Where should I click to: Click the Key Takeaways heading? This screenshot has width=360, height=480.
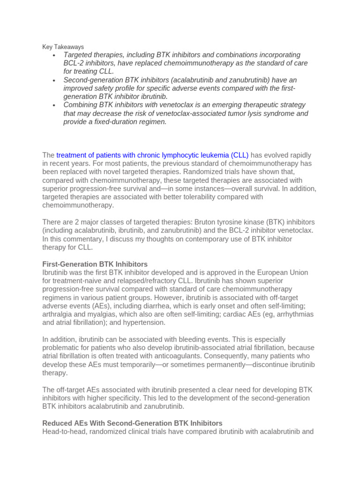point(63,47)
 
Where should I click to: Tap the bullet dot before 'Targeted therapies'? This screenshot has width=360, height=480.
point(55,56)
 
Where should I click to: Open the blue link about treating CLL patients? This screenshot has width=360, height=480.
point(152,155)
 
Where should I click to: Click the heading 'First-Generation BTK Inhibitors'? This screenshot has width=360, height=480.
point(95,264)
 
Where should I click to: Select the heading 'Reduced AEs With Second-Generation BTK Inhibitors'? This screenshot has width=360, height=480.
point(132,423)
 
